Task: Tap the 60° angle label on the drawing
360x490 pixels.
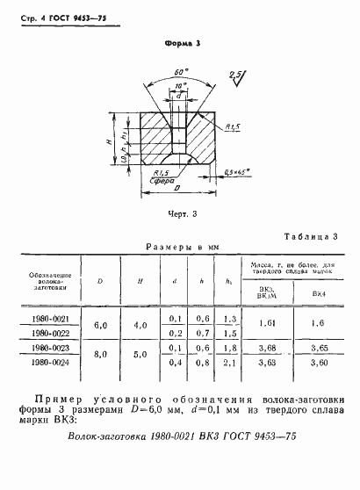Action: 180,70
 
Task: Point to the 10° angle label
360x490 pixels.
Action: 181,85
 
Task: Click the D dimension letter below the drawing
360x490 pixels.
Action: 181,189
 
